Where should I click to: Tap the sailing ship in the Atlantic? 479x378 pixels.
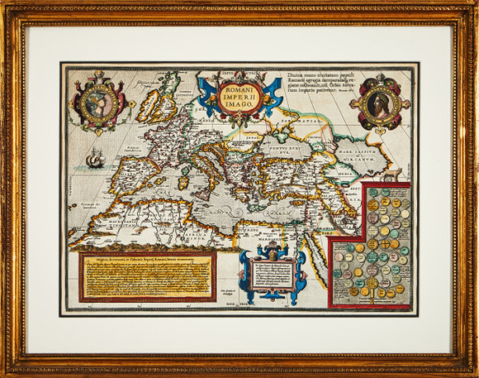tap(95, 157)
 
